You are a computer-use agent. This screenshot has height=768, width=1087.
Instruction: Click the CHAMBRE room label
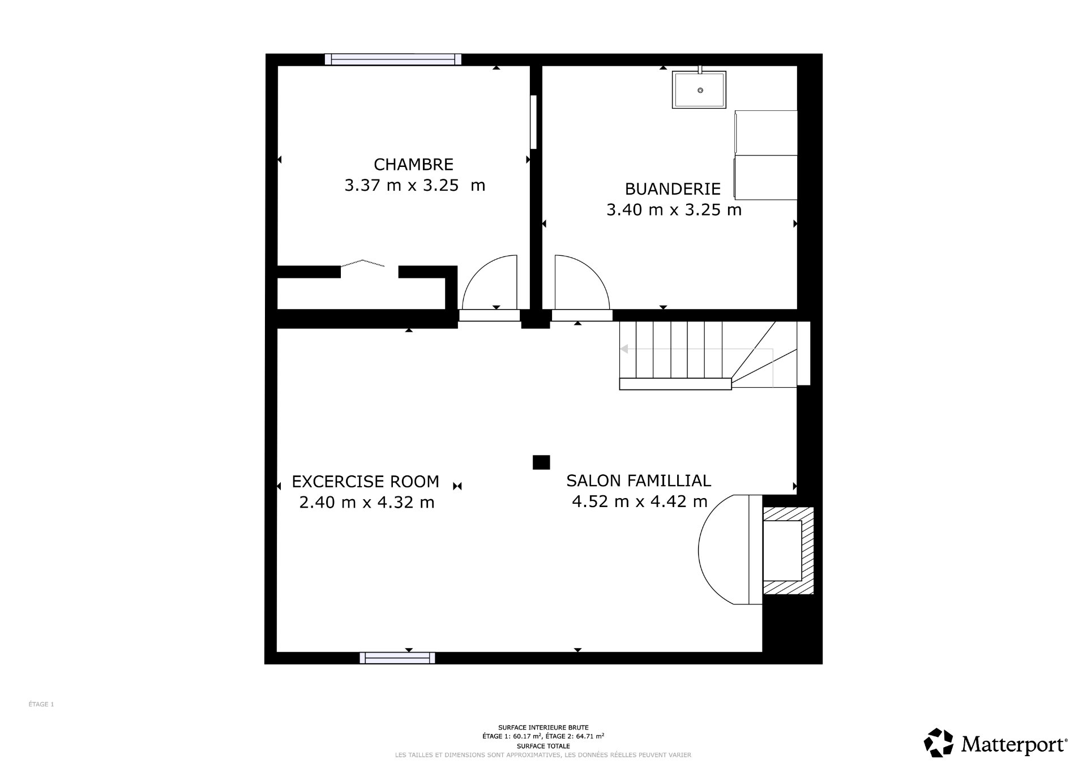pos(413,164)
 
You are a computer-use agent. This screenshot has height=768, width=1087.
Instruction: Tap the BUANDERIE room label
pos(673,188)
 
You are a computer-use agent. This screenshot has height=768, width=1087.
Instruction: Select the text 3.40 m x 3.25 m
pos(674,210)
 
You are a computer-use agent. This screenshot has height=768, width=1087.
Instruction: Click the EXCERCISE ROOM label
pos(365,482)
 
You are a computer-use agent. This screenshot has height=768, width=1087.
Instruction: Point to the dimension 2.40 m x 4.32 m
pos(366,502)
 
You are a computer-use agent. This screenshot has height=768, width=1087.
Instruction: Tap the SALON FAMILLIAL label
pos(639,480)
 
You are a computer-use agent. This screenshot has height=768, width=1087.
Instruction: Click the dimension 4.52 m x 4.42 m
pos(640,501)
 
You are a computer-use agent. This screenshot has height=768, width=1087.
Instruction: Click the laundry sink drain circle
pos(700,91)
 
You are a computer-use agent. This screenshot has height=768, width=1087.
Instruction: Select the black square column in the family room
pos(541,462)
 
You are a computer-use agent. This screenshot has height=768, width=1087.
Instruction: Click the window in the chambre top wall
pos(393,59)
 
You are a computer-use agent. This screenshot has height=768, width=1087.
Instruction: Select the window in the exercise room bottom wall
pos(397,658)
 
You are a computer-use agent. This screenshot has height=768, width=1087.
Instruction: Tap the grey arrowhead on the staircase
pos(625,349)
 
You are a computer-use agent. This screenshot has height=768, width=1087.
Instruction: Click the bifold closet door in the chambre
pos(363,263)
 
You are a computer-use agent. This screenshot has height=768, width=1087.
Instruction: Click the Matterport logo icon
pos(939,743)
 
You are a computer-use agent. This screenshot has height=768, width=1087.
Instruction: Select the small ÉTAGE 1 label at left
pos(41,705)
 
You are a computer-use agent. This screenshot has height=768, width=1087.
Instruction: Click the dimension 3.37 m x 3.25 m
pos(414,186)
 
